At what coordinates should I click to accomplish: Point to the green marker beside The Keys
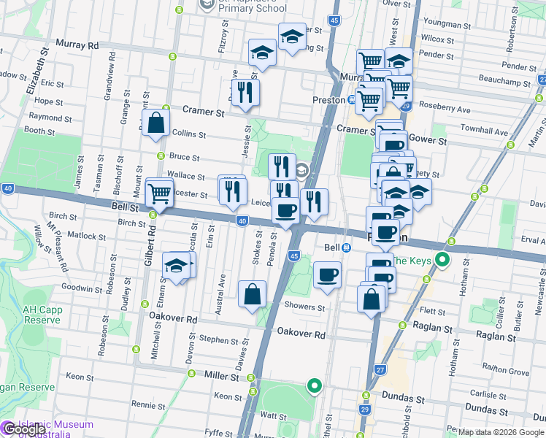click(x=441, y=261)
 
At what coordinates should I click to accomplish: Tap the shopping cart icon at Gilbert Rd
click(x=159, y=193)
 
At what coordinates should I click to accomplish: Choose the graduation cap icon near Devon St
click(x=176, y=266)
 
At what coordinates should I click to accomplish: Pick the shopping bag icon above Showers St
click(x=252, y=294)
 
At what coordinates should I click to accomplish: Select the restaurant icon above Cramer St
click(x=245, y=92)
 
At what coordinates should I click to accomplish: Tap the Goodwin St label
click(x=82, y=289)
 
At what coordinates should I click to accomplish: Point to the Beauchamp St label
click(x=504, y=78)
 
